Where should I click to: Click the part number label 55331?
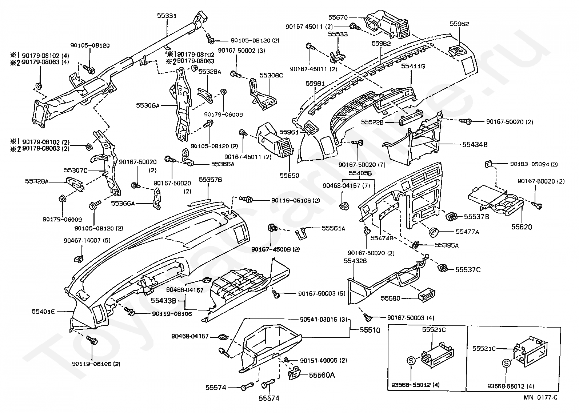pos(167,16)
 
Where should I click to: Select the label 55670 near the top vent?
pos(338,17)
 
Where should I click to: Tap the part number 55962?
pos(459,24)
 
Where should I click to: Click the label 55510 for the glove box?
pos(370,330)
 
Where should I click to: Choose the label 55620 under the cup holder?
pos(522,227)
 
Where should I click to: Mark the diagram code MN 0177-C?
pos(540,397)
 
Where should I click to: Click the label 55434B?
pos(475,144)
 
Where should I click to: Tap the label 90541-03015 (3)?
pos(324,320)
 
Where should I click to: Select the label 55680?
pos(391,298)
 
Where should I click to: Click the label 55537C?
pos(468,270)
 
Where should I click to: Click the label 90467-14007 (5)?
pos(82,240)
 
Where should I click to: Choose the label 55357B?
pos(210,180)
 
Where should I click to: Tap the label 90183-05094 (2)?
pos(534,164)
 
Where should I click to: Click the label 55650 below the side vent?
pos(289,176)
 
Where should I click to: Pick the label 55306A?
pos(148,105)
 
